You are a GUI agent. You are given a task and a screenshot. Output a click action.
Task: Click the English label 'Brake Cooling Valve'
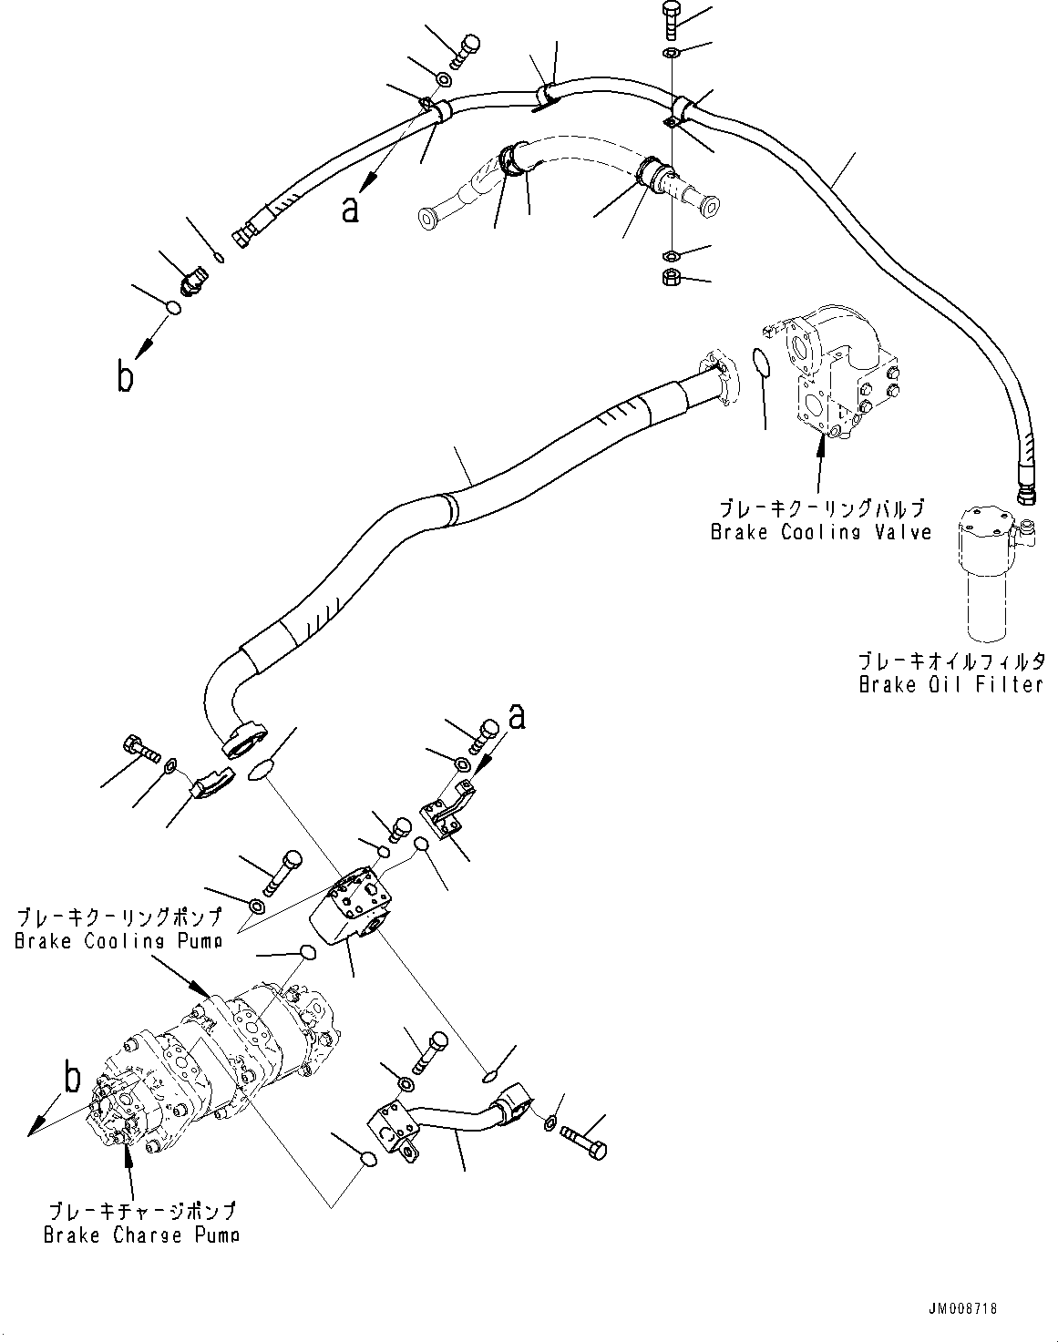pos(820,532)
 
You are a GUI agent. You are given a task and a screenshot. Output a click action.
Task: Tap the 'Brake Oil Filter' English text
pos(950,683)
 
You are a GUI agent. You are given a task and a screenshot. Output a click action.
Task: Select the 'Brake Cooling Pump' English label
pos(118,941)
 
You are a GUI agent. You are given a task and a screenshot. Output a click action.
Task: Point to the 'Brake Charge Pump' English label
pos(141,1234)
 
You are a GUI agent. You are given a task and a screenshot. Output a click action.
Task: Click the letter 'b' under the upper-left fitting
pos(126,376)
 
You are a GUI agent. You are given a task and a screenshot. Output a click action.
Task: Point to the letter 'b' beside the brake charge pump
pos(71,1079)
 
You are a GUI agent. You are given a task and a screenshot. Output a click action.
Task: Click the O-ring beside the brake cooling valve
pos(763,362)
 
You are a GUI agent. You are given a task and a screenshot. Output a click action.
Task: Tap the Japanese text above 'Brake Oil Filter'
pos(950,661)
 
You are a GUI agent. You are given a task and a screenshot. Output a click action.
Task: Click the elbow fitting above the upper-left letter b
pos(192,284)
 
